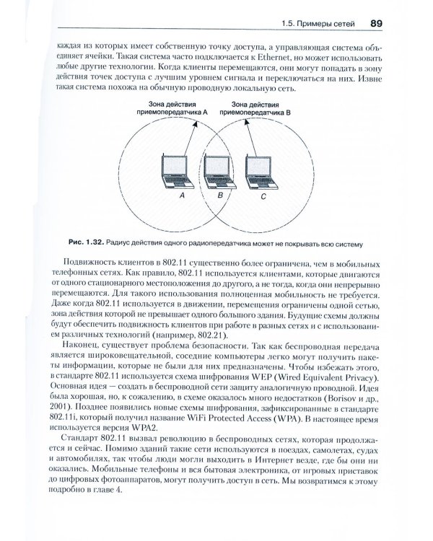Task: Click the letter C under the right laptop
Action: tap(263, 195)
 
